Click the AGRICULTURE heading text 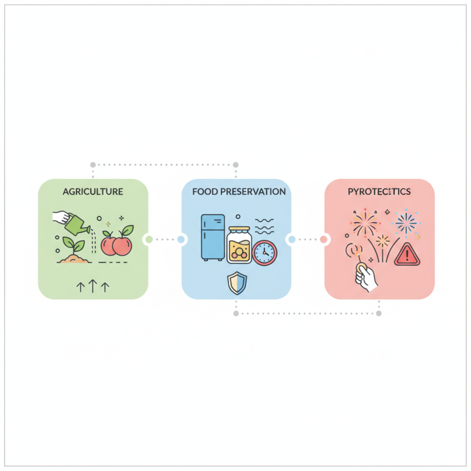pyautogui.click(x=93, y=191)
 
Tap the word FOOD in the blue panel pyautogui.click(x=204, y=191)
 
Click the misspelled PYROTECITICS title pyautogui.click(x=379, y=191)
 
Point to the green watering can pyautogui.click(x=77, y=224)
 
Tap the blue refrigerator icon pyautogui.click(x=212, y=237)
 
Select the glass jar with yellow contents pyautogui.click(x=239, y=245)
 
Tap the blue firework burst pyautogui.click(x=406, y=223)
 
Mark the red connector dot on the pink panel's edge pyautogui.click(x=323, y=239)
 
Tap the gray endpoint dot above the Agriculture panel pyautogui.click(x=92, y=164)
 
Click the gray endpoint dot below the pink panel pyautogui.click(x=379, y=314)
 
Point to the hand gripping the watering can pyautogui.click(x=61, y=217)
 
